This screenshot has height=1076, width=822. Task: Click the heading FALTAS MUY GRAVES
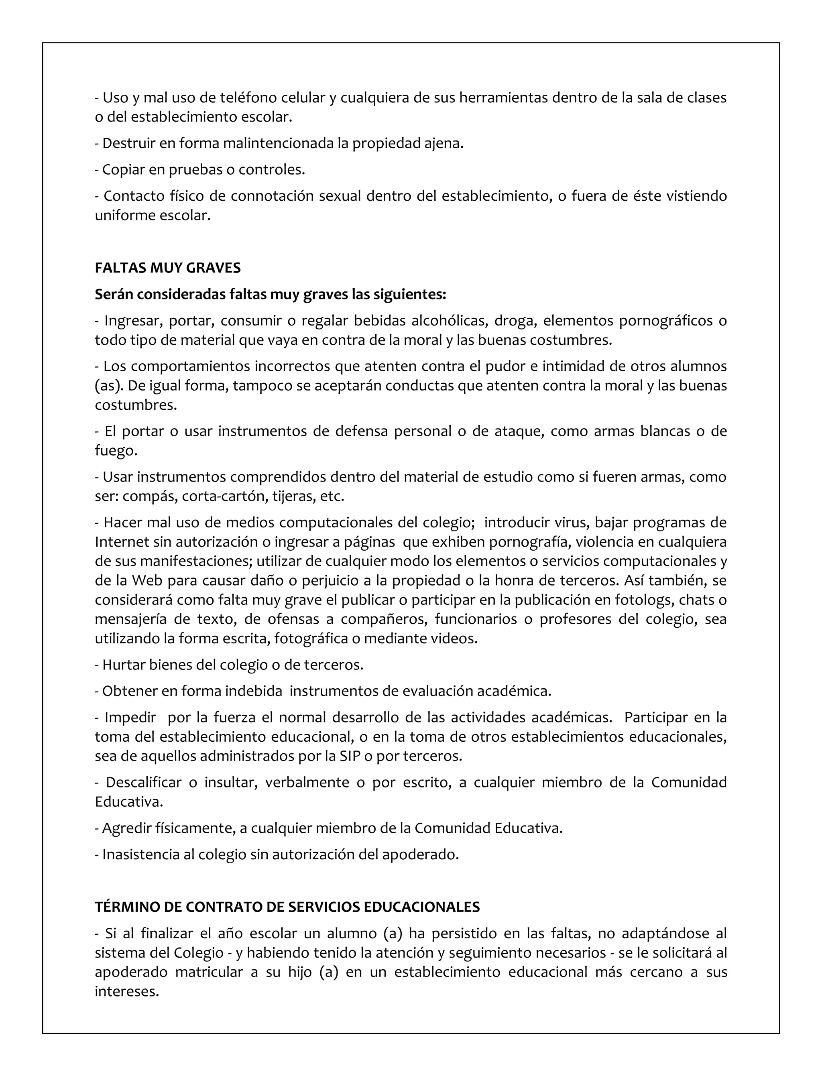coord(167,268)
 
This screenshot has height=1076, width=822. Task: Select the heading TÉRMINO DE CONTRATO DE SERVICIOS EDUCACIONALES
coord(287,907)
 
